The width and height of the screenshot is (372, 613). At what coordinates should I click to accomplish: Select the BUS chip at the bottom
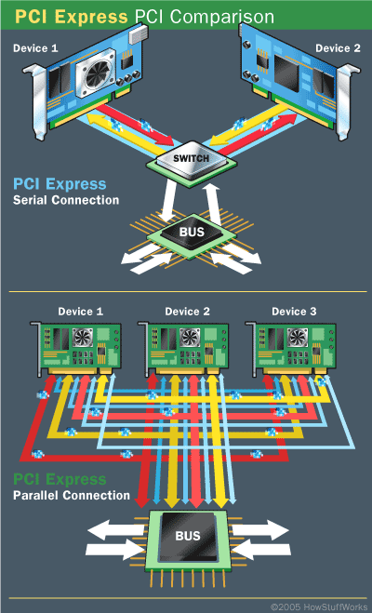tap(186, 537)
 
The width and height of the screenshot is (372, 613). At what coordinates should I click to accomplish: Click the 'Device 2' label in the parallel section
tap(186, 311)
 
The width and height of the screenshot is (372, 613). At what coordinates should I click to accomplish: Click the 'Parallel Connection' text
tap(71, 495)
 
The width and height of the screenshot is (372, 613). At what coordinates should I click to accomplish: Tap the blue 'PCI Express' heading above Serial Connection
tap(60, 184)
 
